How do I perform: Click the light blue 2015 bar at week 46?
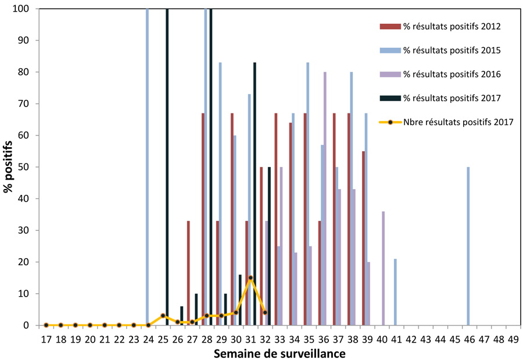point(468,246)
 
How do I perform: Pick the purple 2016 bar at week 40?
point(384,268)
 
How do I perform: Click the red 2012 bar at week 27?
point(188,273)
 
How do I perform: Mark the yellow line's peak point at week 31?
point(250,278)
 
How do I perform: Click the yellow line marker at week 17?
point(46,325)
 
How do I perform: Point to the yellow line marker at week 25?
point(163,316)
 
